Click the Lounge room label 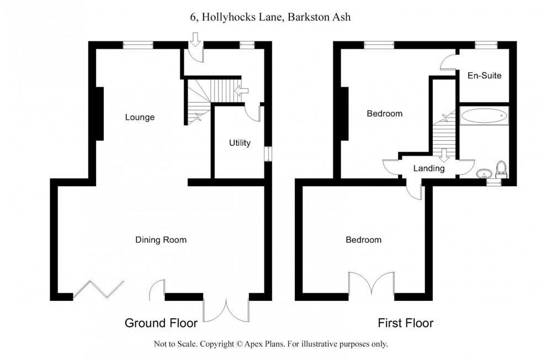[x=140, y=117]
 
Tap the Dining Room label [x=161, y=240]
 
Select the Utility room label [x=240, y=143]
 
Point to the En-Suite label [x=484, y=75]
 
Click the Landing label [x=429, y=168]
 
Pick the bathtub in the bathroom [x=484, y=116]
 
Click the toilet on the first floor [x=502, y=168]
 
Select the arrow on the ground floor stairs [x=242, y=91]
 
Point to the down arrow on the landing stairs [x=444, y=156]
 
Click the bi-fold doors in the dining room [x=99, y=290]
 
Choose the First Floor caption [x=405, y=322]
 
